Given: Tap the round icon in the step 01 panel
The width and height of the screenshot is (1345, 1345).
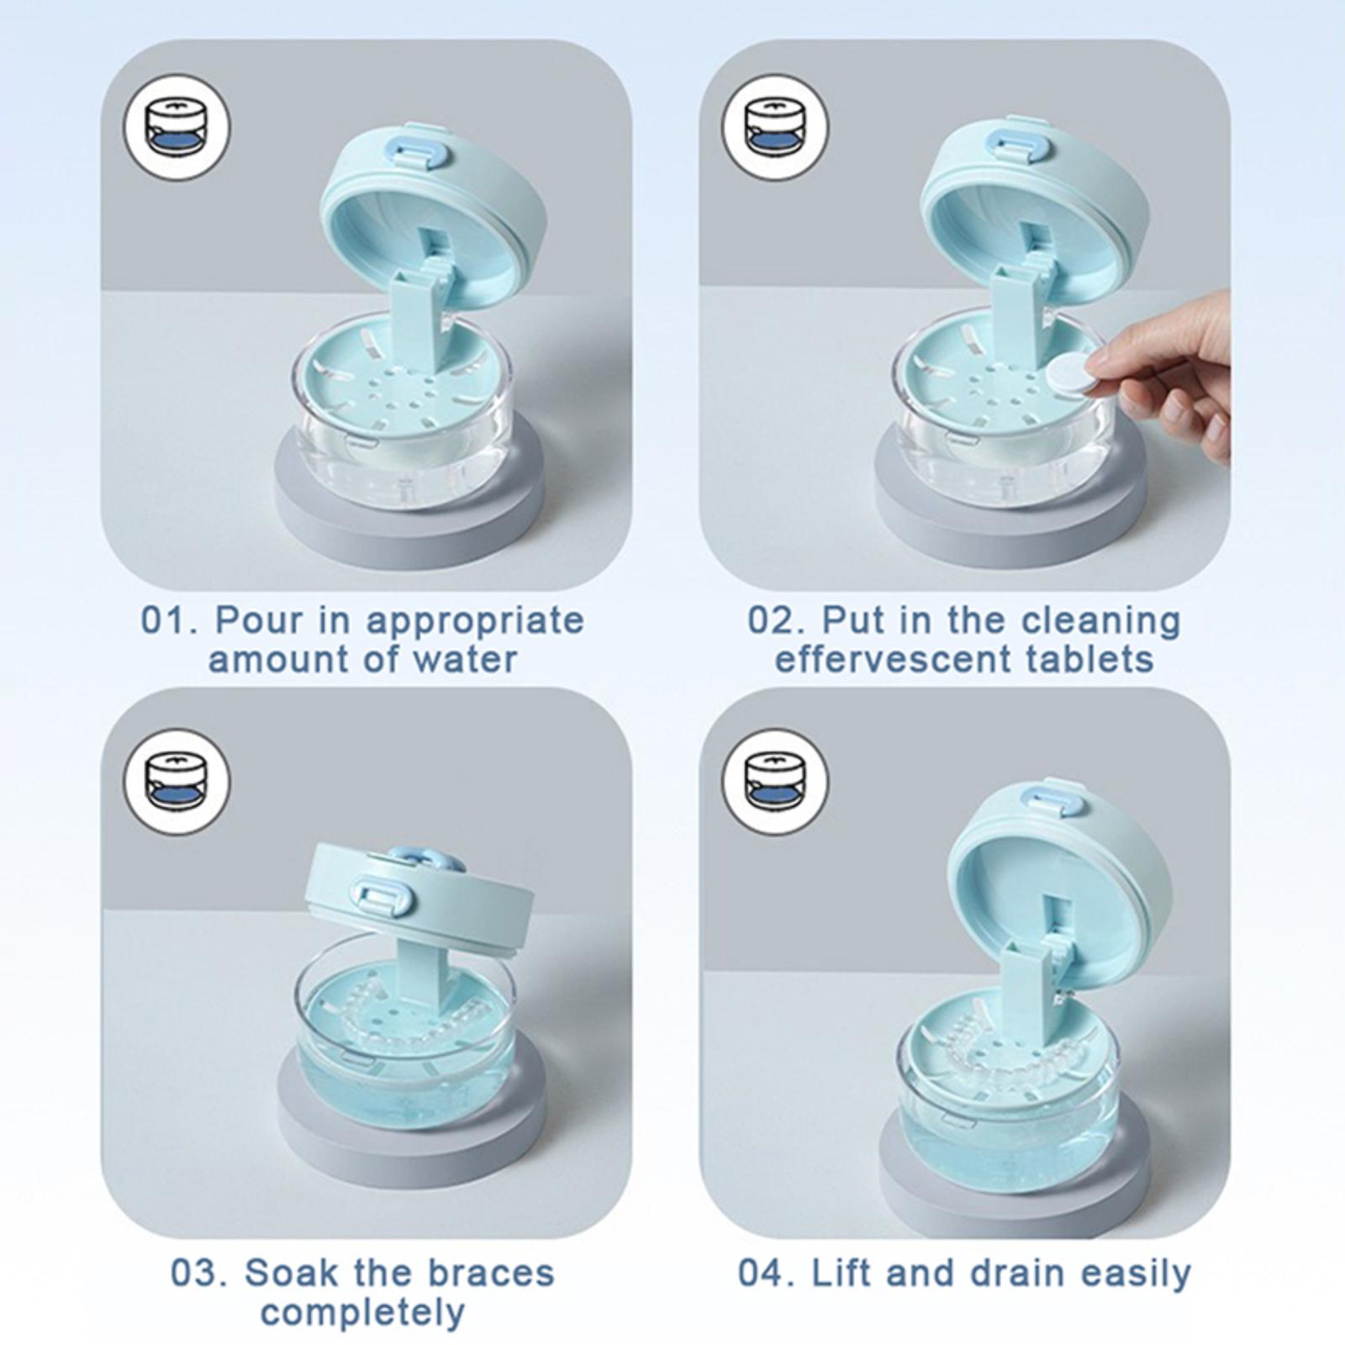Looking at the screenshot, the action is [x=177, y=128].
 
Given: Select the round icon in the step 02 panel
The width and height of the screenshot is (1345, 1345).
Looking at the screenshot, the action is [x=775, y=128].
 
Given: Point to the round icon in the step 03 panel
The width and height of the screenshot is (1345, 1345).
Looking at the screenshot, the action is [x=177, y=782].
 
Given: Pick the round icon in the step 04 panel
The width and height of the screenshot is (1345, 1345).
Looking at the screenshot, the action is [x=775, y=782].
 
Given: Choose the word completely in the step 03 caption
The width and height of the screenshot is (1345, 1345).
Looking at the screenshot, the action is [x=362, y=1312].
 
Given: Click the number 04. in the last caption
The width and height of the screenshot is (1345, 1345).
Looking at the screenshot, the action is [x=767, y=1273].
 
